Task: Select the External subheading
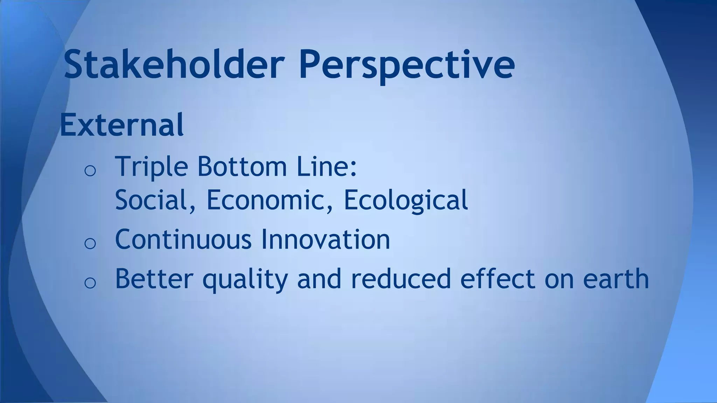121,125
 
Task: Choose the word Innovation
326,240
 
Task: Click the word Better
154,279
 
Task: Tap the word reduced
401,279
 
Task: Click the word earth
616,279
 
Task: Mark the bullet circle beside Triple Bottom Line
90,170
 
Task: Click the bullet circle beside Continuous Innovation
90,243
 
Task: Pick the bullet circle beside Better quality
90,283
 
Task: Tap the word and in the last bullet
319,279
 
